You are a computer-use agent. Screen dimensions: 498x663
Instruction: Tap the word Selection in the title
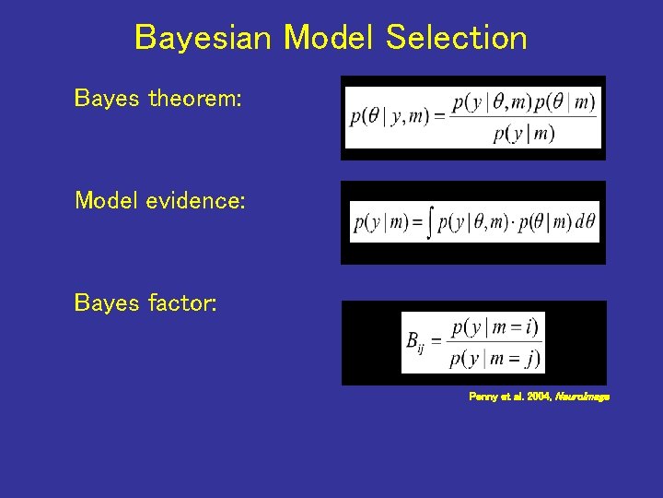click(x=457, y=38)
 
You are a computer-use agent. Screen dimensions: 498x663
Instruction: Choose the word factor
click(x=182, y=302)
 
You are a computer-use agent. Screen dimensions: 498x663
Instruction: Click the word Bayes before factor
click(x=107, y=302)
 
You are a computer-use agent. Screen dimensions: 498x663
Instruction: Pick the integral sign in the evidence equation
click(x=430, y=223)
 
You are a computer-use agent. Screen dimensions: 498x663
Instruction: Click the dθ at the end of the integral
click(x=585, y=223)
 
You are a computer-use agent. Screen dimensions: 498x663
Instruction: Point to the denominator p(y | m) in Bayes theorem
click(x=524, y=134)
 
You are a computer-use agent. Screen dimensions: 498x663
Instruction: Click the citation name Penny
click(x=483, y=397)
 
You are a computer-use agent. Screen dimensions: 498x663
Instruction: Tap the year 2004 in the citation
click(x=536, y=397)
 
